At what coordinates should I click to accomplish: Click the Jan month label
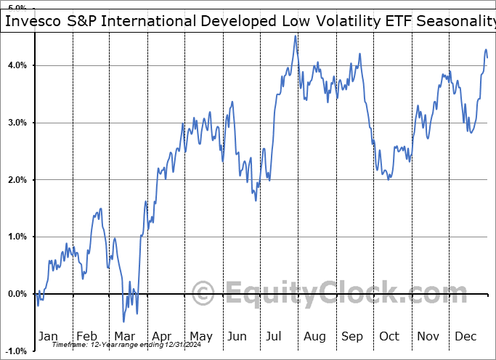48,336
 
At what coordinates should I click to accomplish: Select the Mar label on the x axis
124,336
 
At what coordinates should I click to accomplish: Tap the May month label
200,336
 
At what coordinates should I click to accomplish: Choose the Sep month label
352,336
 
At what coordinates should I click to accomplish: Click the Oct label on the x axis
389,336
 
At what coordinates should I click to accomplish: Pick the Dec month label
465,336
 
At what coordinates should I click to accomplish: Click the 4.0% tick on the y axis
17,65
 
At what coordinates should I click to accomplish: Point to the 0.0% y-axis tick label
17,294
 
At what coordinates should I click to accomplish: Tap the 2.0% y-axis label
17,180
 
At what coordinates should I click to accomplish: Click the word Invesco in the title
33,21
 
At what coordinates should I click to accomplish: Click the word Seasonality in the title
455,21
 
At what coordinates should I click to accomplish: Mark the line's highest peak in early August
295,36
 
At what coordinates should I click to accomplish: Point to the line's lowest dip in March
123,321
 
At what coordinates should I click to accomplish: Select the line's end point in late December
487,57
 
